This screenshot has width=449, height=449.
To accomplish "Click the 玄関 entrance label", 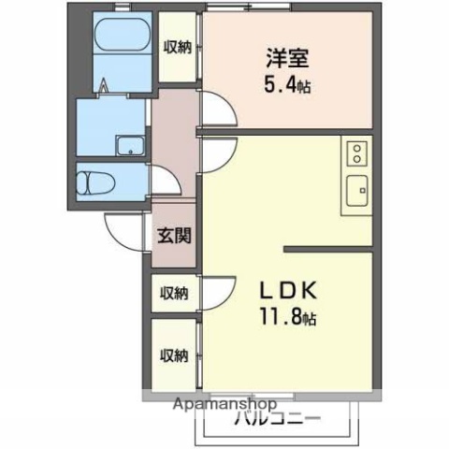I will [x=174, y=234].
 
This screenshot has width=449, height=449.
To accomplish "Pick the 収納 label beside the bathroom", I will [x=178, y=46].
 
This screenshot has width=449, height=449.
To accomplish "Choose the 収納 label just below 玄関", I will [x=174, y=293].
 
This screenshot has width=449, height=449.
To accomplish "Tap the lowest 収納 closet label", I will [x=174, y=355].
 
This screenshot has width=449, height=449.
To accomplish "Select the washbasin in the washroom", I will [x=128, y=145].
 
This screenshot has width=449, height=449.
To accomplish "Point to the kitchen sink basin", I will [x=356, y=192].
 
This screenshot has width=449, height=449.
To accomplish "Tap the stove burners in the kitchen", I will [x=356, y=153].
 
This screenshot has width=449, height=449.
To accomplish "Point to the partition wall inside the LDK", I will [x=327, y=249].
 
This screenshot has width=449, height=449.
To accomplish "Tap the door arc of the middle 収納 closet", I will [x=215, y=289].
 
